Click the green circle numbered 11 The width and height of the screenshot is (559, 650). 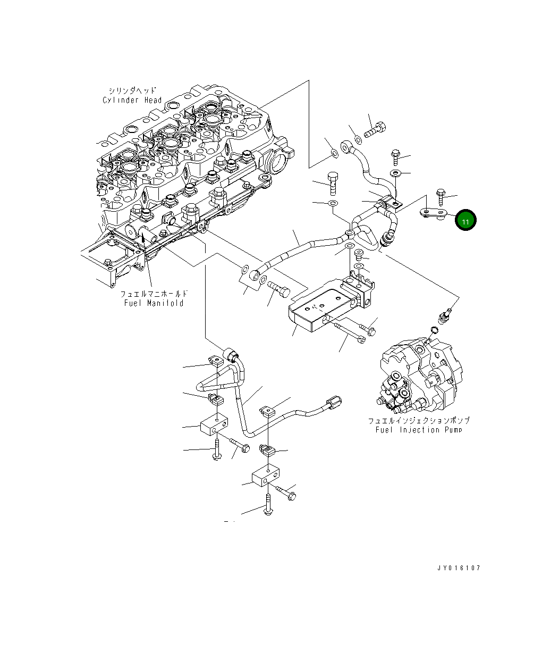[x=465, y=220]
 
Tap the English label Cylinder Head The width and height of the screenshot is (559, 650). [x=132, y=100]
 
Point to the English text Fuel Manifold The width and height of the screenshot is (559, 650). [x=154, y=303]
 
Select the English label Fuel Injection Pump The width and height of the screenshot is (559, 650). [x=418, y=430]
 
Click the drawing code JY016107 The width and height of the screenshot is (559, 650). [x=458, y=568]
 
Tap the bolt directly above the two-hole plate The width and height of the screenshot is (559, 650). [x=441, y=196]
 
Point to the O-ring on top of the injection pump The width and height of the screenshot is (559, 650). [x=434, y=331]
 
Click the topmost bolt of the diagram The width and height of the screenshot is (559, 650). [x=375, y=129]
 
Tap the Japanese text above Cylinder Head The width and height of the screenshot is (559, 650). [x=132, y=91]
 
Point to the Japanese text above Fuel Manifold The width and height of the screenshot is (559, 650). [x=154, y=294]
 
